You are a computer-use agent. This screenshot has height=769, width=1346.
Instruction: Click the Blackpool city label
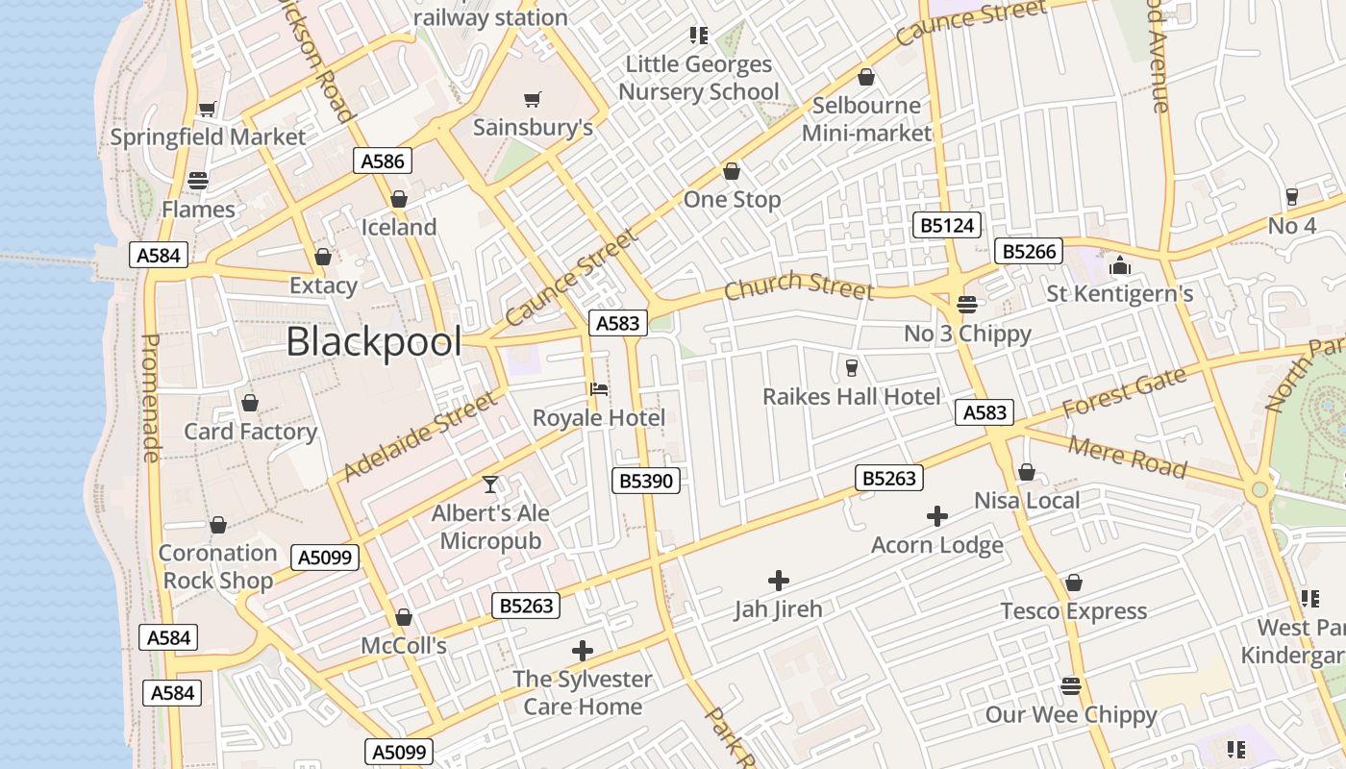pyautogui.click(x=374, y=341)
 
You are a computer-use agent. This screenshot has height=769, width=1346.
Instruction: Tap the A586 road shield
pyautogui.click(x=383, y=161)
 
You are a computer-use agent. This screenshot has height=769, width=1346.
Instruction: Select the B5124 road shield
pyautogui.click(x=947, y=226)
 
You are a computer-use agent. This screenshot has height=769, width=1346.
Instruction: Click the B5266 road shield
pyautogui.click(x=1029, y=252)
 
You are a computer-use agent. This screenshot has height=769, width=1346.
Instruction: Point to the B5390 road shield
pyautogui.click(x=646, y=480)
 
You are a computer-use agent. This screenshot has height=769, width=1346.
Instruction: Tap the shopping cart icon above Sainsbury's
pyautogui.click(x=533, y=99)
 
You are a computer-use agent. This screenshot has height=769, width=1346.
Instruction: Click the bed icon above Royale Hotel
pyautogui.click(x=599, y=389)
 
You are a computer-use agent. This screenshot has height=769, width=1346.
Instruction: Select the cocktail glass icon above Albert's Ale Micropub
pyautogui.click(x=490, y=484)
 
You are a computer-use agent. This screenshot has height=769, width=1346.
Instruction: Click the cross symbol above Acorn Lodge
pyautogui.click(x=937, y=517)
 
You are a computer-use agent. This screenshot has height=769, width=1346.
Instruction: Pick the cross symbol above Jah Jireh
pyautogui.click(x=779, y=581)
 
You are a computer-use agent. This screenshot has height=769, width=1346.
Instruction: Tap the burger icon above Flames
pyautogui.click(x=198, y=181)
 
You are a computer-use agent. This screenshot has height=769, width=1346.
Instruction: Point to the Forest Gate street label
pyautogui.click(x=1125, y=393)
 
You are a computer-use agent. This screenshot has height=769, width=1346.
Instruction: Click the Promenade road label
pyautogui.click(x=150, y=398)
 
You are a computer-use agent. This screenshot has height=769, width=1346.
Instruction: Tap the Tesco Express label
pyautogui.click(x=1074, y=611)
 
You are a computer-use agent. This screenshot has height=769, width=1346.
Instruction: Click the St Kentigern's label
pyautogui.click(x=1120, y=293)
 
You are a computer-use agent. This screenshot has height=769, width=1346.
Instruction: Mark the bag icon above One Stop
pyautogui.click(x=732, y=171)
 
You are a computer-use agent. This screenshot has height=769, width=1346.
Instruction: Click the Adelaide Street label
pyautogui.click(x=423, y=435)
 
